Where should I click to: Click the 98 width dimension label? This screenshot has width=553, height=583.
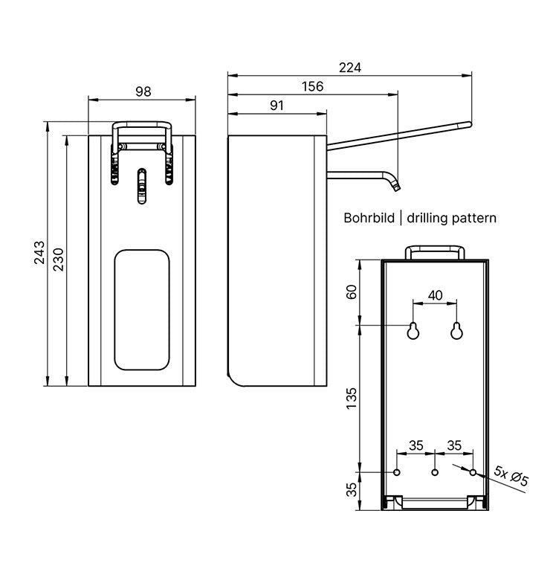[x=143, y=91]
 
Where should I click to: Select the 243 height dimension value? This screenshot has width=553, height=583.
[x=39, y=253]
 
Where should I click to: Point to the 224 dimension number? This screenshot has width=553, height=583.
[x=350, y=68]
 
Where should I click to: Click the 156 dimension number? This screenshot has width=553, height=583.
[x=312, y=87]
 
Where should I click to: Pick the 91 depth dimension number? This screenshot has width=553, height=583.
[x=276, y=106]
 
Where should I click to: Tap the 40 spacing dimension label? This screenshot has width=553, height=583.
[x=436, y=295]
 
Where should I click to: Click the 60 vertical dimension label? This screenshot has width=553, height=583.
[x=352, y=292]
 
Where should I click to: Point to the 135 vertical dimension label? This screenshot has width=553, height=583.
[x=352, y=399]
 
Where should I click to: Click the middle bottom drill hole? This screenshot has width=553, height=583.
[x=436, y=472]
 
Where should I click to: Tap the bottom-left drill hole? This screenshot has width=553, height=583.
[x=397, y=472]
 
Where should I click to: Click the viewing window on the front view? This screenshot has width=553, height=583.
[x=142, y=309]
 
